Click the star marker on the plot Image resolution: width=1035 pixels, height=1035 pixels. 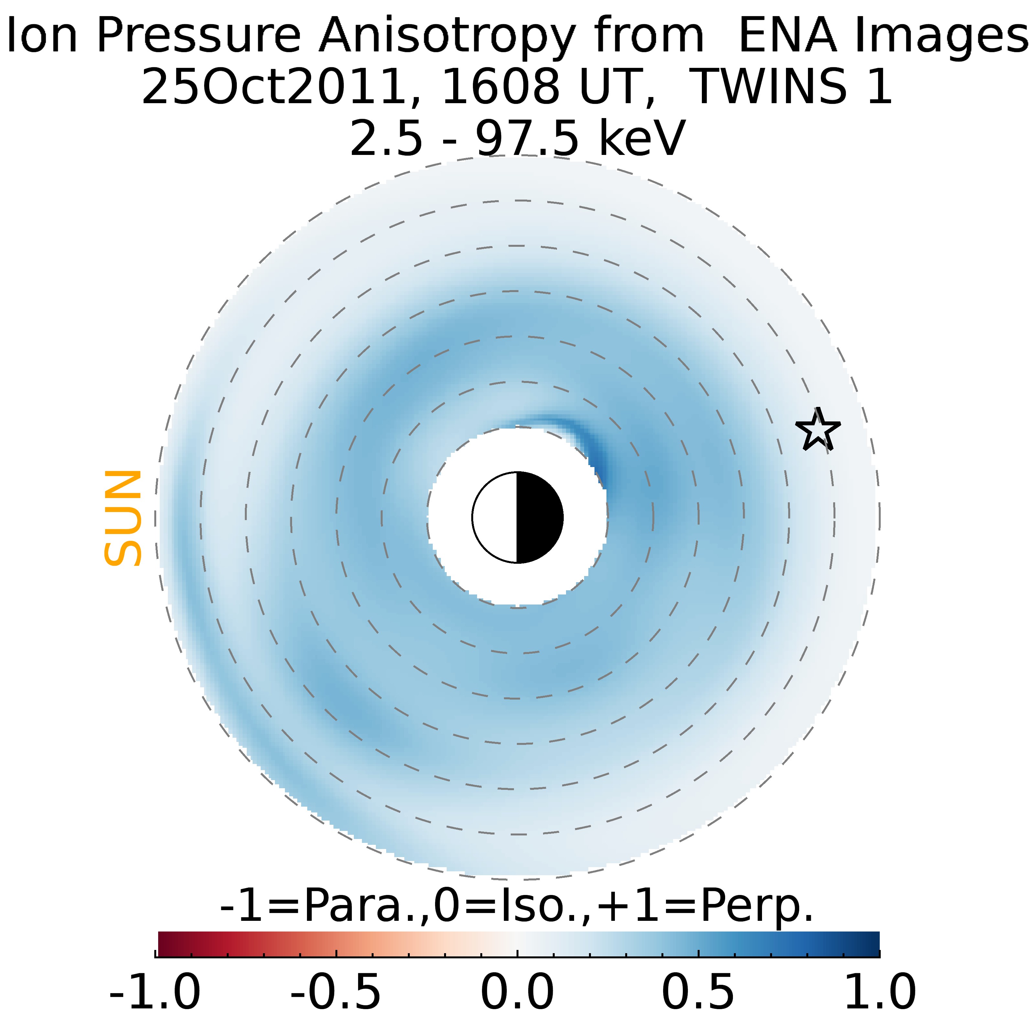click(818, 430)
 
